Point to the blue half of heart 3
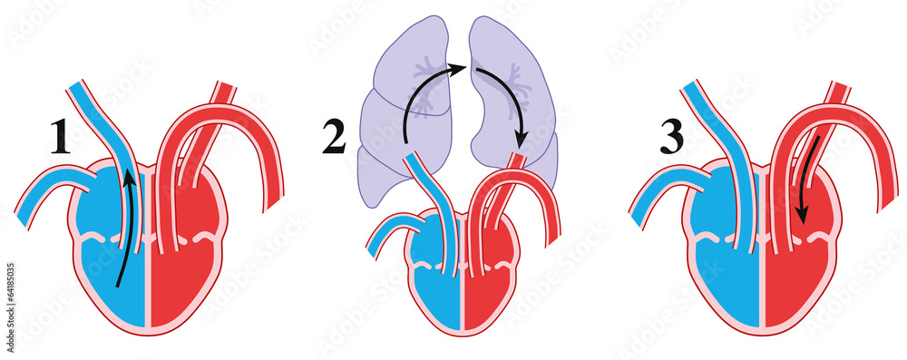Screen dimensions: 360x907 (717, 272)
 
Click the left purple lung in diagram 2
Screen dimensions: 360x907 (399, 118)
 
